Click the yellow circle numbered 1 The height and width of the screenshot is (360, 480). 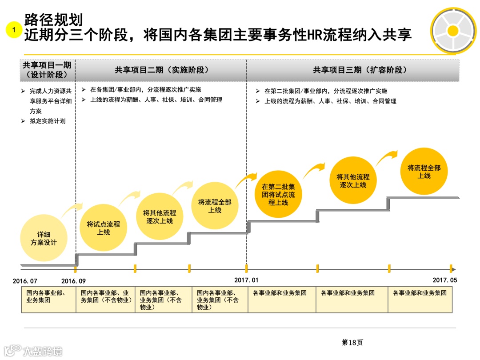coord(14,30)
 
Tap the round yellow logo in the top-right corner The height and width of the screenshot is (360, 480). coord(453,30)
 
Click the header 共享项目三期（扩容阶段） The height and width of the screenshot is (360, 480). coord(360,70)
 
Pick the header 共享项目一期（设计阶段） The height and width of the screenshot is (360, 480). coord(47,70)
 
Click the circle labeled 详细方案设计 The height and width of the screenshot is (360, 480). coord(44,238)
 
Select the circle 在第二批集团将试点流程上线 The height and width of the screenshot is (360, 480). coord(278,195)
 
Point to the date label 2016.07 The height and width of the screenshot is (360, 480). coord(25,281)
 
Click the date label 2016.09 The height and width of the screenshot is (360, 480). coord(74,281)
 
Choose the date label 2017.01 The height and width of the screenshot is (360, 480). coord(246,280)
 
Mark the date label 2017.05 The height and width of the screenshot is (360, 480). coord(444,280)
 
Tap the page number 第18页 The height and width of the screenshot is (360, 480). coord(352,342)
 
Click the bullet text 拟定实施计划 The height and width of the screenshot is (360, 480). coord(48,121)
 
